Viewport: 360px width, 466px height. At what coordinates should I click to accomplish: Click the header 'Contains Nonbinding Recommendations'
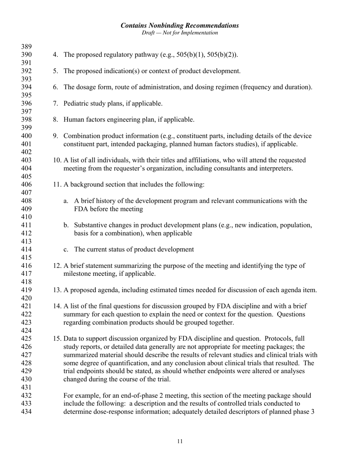[180, 25]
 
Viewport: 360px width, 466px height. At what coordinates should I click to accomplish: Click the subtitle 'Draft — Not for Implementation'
[180, 33]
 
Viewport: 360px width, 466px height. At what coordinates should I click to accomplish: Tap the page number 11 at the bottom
[180, 441]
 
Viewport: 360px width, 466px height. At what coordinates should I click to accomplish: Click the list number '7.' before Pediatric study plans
[56, 103]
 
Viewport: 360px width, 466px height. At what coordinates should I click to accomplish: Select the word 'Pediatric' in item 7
[76, 103]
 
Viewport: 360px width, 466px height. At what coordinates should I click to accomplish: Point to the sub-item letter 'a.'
[66, 201]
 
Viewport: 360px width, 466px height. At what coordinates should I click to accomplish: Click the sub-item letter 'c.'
[66, 249]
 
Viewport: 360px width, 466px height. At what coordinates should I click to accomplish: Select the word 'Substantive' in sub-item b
[90, 225]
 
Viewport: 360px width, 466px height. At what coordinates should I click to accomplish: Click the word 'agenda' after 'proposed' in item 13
[105, 290]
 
